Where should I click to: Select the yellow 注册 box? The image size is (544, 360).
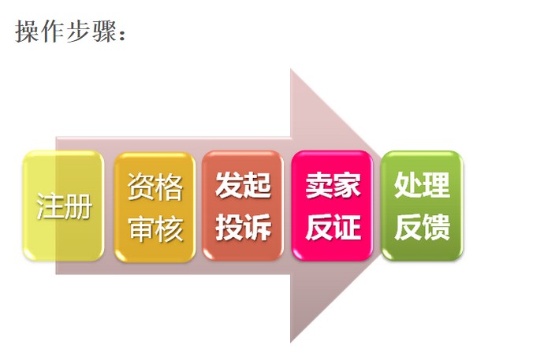click(x=63, y=206)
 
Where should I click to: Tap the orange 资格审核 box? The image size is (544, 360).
click(x=155, y=206)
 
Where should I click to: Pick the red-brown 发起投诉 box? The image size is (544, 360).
click(x=243, y=206)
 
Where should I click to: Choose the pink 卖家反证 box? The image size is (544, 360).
click(x=332, y=206)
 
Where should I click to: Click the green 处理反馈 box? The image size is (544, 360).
click(x=422, y=206)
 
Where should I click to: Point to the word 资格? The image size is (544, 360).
click(x=155, y=187)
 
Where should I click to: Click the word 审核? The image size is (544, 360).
click(x=155, y=228)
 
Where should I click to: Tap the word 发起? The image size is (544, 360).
click(x=243, y=187)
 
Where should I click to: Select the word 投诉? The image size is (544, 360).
click(x=243, y=228)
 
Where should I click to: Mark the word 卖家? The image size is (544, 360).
click(x=333, y=187)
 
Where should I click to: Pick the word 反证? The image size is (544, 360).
click(x=333, y=228)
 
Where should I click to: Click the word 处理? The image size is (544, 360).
click(x=422, y=186)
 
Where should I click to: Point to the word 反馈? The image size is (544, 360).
click(x=422, y=228)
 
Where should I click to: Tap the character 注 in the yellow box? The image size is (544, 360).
click(x=50, y=207)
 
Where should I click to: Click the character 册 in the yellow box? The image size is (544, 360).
click(x=78, y=207)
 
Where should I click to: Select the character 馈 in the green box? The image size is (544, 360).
click(x=436, y=228)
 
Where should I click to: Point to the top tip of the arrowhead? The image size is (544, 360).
click(x=291, y=70)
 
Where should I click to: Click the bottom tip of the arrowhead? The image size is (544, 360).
click(x=291, y=341)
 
